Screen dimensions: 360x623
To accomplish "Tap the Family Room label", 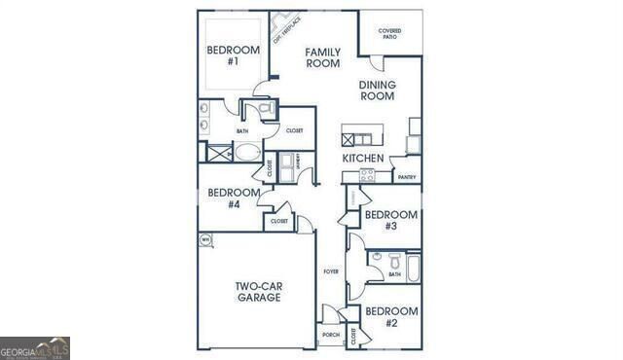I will (x=322, y=57).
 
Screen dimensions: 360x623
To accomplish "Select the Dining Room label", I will (x=377, y=90).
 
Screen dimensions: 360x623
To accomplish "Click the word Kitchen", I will (x=362, y=158).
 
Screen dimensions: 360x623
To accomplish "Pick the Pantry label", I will (x=407, y=177).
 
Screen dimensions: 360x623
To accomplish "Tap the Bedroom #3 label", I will (x=390, y=220).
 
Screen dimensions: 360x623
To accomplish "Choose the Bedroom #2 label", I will (x=390, y=316).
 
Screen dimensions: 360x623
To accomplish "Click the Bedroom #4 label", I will (x=234, y=198).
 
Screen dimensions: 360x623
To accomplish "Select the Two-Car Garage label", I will (x=258, y=292).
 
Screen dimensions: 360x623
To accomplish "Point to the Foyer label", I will (x=331, y=271).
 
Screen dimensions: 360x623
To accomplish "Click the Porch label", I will (x=330, y=335).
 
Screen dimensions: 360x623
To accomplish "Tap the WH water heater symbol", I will (x=205, y=239).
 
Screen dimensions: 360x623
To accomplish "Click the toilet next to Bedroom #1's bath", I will (x=266, y=109).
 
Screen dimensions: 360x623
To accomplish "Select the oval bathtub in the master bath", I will (x=247, y=154).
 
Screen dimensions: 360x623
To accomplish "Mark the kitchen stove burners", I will (x=367, y=175).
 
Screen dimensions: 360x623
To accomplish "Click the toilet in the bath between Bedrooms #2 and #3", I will (x=395, y=261).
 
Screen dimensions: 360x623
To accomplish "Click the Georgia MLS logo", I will (x=35, y=348).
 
